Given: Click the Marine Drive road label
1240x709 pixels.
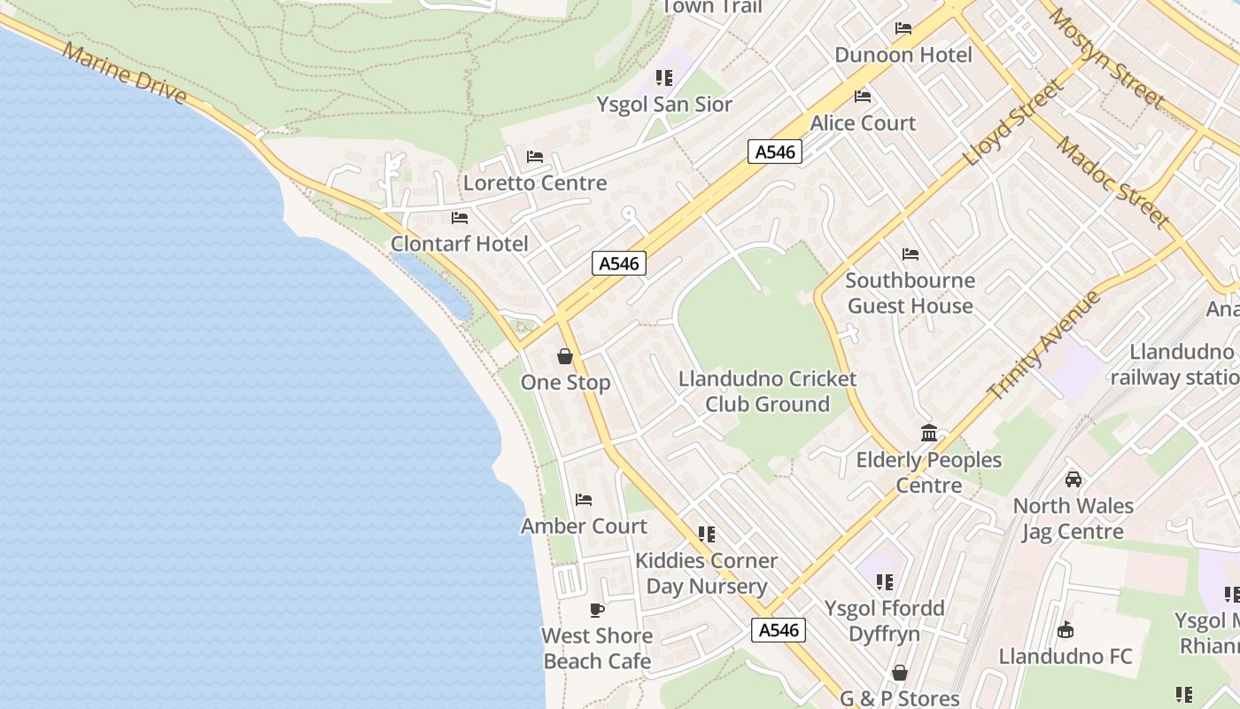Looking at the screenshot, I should (125, 74).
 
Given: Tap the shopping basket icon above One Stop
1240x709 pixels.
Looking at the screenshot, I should (565, 356).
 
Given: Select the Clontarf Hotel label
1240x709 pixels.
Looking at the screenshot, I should (460, 244).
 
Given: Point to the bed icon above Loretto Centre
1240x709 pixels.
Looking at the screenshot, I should (535, 157).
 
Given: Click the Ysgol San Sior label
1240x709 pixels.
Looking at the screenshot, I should (664, 105).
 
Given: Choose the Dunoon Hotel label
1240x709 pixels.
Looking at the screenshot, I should (903, 55).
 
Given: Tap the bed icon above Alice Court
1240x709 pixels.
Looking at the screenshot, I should (863, 97).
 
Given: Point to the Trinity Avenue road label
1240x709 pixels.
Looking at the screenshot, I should (1044, 345).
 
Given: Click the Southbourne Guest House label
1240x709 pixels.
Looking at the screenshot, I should (910, 293).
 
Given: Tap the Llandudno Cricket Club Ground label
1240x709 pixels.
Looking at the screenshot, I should (767, 392).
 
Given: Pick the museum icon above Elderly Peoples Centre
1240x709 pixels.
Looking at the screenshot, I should (929, 432).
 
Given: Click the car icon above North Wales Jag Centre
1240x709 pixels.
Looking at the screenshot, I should (1073, 479).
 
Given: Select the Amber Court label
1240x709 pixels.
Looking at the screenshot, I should (584, 526).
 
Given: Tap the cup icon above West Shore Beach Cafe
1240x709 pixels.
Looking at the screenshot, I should (597, 610).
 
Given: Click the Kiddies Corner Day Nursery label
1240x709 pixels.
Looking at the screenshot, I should (706, 573).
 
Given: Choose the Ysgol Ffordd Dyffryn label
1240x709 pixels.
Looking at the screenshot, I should (884, 621).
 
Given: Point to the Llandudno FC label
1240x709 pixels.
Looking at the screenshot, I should (1066, 657).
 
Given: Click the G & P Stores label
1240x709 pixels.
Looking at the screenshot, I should (899, 698).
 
